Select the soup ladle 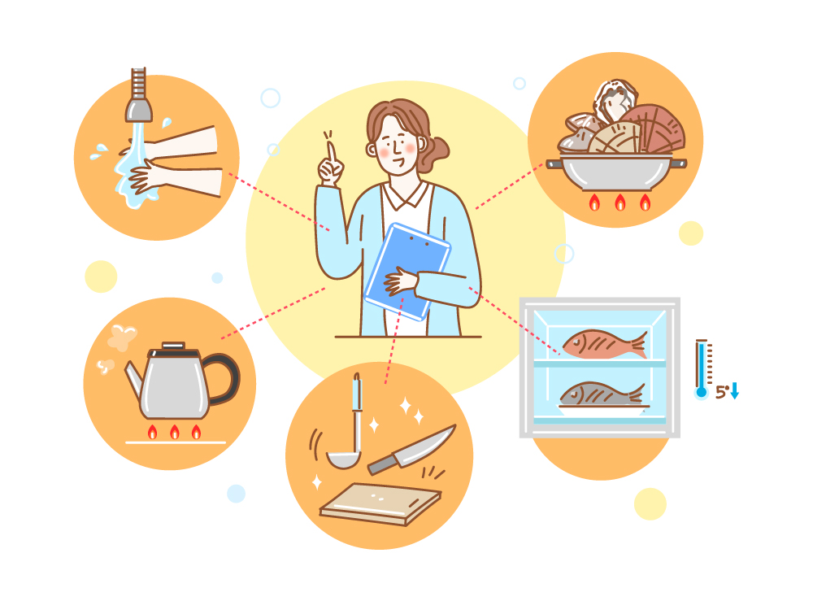coord(347,430)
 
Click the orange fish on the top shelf coord(605,344)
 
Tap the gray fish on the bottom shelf coord(602,394)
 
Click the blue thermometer coord(702,369)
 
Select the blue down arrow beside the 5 coord(734,390)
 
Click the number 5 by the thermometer coord(720,392)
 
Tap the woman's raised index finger coord(331,154)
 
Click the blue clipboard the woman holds coord(407,271)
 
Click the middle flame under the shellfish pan coord(620,203)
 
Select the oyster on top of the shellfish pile coord(615,100)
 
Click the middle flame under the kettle coord(175,432)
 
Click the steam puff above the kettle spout coord(121,337)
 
